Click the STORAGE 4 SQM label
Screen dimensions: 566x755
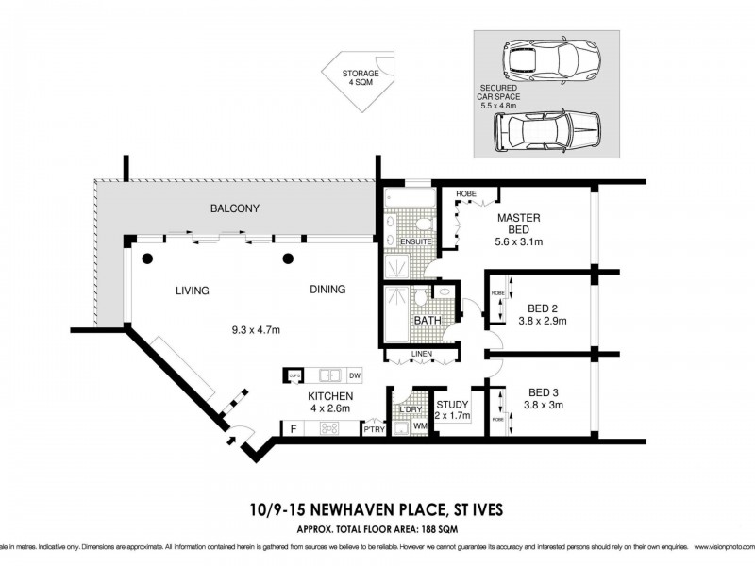click(x=361, y=78)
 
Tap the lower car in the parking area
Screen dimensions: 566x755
click(x=546, y=131)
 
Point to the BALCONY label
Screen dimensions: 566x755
click(x=235, y=208)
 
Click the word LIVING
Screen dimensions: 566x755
click(x=192, y=291)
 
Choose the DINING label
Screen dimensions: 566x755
click(x=327, y=290)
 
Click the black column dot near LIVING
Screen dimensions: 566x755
click(x=146, y=258)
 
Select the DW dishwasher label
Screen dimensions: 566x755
click(x=355, y=375)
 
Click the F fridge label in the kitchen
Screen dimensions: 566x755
click(x=294, y=429)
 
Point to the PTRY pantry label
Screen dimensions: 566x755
click(x=374, y=430)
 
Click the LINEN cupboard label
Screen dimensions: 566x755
click(x=421, y=356)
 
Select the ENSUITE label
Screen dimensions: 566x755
click(x=415, y=242)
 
